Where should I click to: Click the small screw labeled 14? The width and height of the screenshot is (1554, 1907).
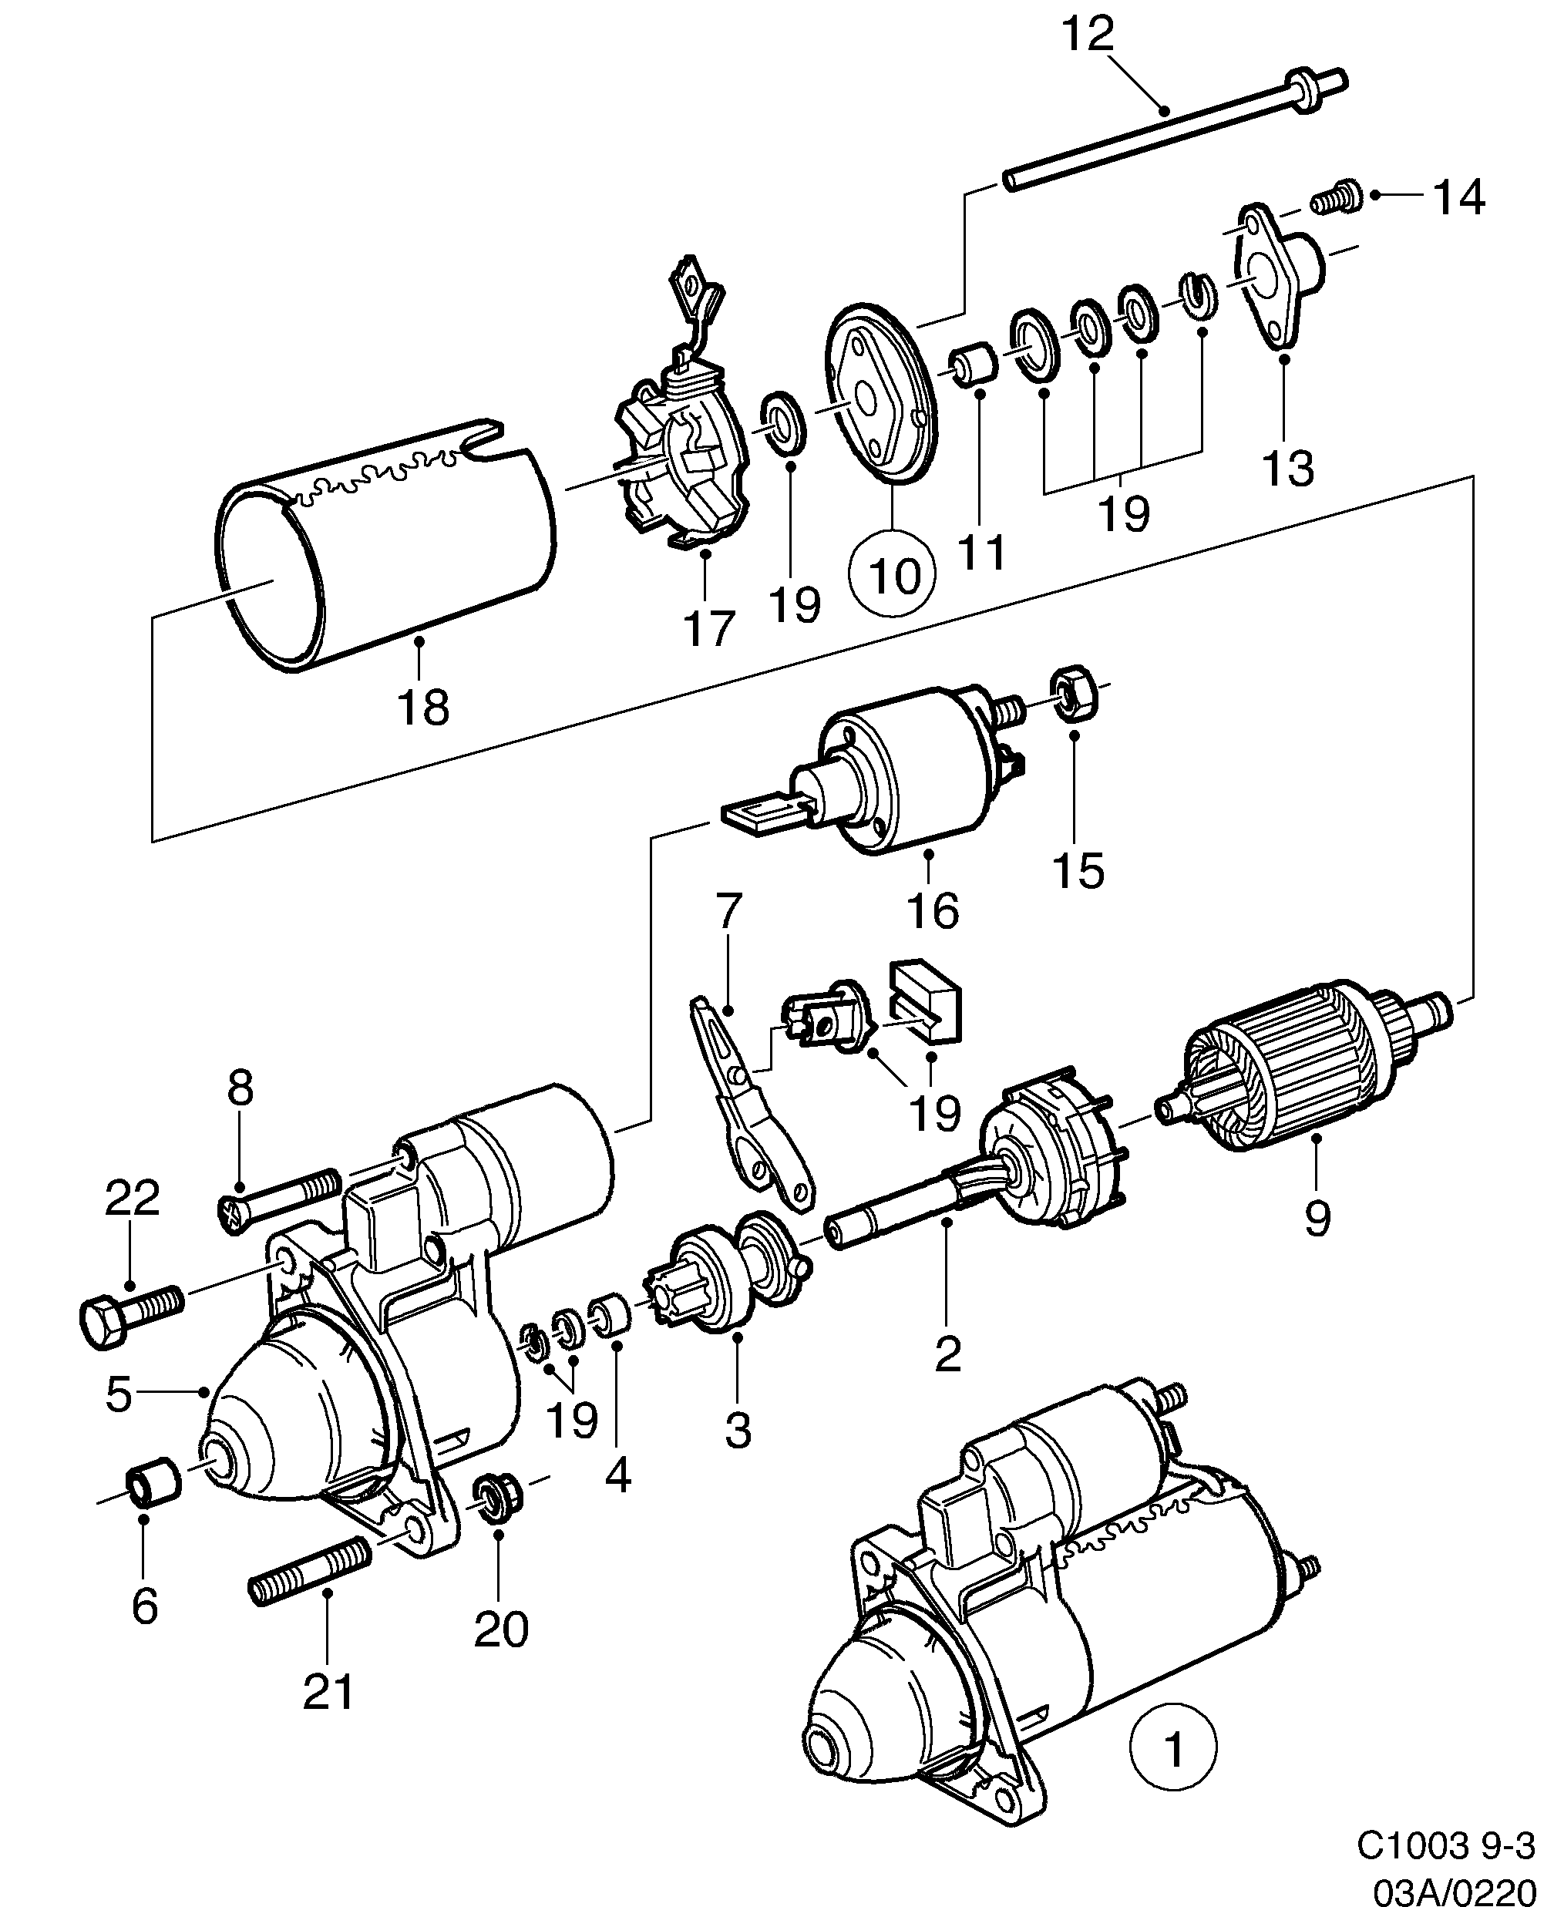[1337, 198]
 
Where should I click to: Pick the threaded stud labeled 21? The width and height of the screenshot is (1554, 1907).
[310, 1579]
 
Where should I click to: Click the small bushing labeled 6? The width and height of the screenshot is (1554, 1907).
[154, 1484]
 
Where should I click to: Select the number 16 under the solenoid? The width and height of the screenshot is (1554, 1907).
[933, 911]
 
